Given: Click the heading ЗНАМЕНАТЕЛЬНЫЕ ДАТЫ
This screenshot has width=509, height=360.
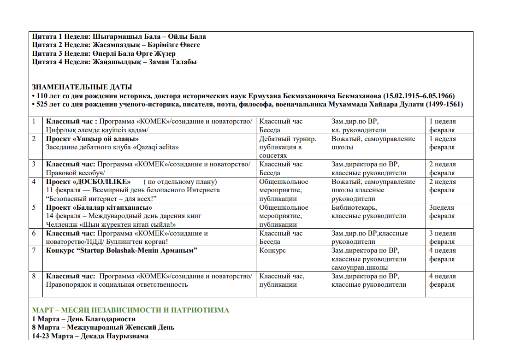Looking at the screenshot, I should [82, 87].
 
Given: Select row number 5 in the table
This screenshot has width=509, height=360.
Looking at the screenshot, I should [35, 207].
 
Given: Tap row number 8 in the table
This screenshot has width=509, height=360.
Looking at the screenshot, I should [35, 276].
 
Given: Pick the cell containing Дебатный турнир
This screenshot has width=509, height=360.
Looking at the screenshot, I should [288, 139].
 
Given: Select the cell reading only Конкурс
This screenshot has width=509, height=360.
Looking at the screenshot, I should [272, 250].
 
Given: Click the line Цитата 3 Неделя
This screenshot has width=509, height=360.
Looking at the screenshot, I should [104, 53].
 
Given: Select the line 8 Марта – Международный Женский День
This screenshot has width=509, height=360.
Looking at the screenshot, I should [103, 327].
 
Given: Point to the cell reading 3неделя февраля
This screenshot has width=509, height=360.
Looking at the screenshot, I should [442, 212].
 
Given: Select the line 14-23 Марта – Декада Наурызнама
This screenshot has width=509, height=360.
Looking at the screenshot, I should [90, 336].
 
